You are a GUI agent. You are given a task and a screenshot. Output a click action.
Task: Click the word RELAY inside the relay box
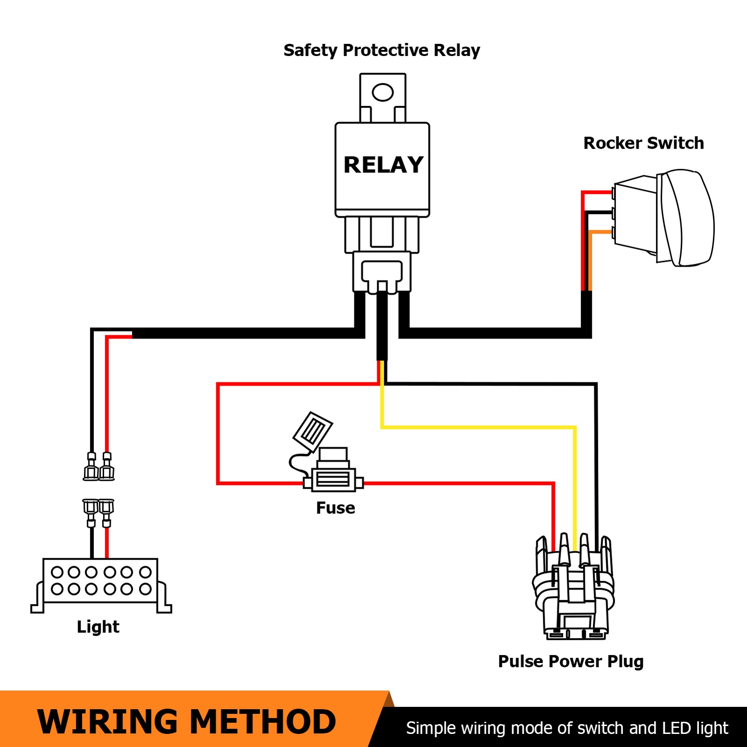click(x=383, y=165)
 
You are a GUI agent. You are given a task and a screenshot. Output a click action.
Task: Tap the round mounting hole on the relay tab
click(x=382, y=92)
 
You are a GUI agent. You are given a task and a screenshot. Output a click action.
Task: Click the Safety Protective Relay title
click(x=381, y=50)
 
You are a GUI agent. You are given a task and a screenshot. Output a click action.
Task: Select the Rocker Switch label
click(x=643, y=143)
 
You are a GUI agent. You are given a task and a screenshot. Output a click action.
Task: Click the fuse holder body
click(x=332, y=479)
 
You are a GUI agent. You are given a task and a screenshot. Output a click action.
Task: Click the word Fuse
click(x=335, y=508)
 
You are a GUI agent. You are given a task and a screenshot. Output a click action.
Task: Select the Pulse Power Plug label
click(x=571, y=662)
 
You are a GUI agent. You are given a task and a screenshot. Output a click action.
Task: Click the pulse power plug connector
click(x=573, y=593)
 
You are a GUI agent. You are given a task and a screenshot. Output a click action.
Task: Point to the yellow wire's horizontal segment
click(x=476, y=427)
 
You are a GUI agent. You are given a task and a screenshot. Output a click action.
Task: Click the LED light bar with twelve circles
click(x=100, y=581)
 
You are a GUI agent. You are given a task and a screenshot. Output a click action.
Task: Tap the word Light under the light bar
click(x=98, y=627)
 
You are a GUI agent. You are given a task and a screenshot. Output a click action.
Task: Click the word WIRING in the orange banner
click(x=107, y=722)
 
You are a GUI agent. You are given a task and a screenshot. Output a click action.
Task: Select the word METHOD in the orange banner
click(x=263, y=722)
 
